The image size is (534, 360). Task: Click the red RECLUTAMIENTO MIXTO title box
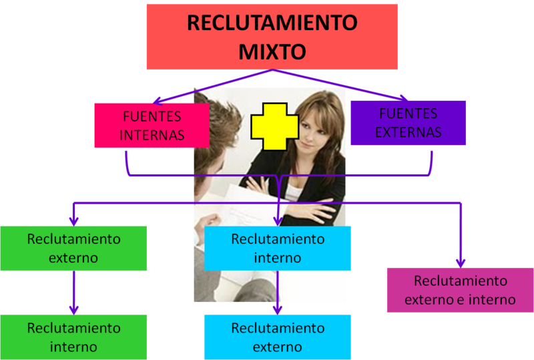point(272,37)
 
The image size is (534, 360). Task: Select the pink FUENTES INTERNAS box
point(152,125)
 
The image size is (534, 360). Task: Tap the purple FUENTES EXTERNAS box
point(408,123)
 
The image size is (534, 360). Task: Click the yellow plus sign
point(274,126)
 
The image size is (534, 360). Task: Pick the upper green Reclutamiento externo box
point(73,248)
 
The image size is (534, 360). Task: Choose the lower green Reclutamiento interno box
point(73,337)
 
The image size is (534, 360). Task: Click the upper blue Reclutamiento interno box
point(278,248)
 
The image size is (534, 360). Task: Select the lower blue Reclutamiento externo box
point(278,337)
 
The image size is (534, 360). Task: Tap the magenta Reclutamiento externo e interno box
point(460,290)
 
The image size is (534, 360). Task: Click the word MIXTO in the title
point(272,51)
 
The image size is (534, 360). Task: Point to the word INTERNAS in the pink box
point(152,135)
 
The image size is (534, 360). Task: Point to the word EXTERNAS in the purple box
point(408,132)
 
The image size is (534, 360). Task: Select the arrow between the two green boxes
point(73,293)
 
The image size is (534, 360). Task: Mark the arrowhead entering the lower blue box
point(278,309)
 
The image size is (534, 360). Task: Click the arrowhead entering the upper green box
point(73,220)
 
